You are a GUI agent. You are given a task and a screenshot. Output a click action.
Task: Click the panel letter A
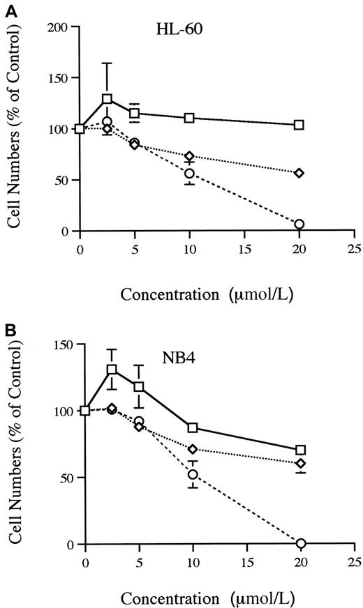click(x=6, y=6)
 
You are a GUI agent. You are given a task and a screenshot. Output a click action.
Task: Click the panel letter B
click(x=6, y=326)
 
